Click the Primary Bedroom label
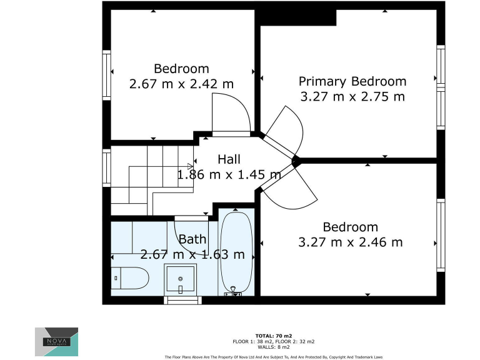pyautogui.click(x=352, y=81)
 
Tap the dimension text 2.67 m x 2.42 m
pyautogui.click(x=181, y=84)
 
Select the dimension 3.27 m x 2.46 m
pyautogui.click(x=350, y=242)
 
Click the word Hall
pyautogui.click(x=229, y=160)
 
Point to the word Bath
pyautogui.click(x=192, y=239)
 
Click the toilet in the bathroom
pyautogui.click(x=129, y=278)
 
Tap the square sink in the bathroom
pyautogui.click(x=181, y=279)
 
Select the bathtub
pyautogui.click(x=236, y=253)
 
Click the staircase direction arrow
pyautogui.click(x=190, y=166)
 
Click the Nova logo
pyautogui.click(x=56, y=341)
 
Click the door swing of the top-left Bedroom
pyautogui.click(x=231, y=114)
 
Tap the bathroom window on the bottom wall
pyautogui.click(x=182, y=300)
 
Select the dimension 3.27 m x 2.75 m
pyautogui.click(x=352, y=96)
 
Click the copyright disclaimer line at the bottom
pyautogui.click(x=273, y=357)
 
